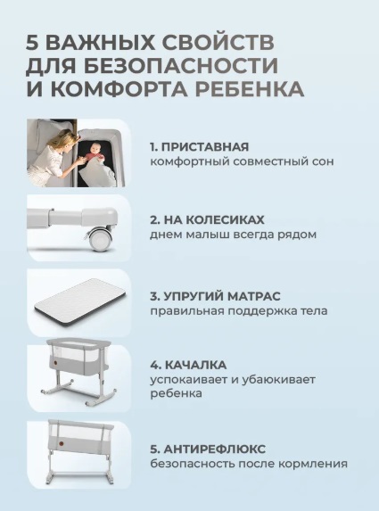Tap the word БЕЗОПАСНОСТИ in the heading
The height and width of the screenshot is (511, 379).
(x=180, y=65)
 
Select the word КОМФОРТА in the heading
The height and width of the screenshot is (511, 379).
(x=119, y=88)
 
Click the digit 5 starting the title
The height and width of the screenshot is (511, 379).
(x=32, y=43)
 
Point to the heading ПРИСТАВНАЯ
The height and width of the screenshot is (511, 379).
(x=205, y=147)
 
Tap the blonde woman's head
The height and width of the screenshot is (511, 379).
(x=64, y=140)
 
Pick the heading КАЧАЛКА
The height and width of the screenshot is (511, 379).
(x=196, y=365)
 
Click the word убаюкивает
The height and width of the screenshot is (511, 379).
(x=278, y=379)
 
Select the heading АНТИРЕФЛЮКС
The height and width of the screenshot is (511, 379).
(x=215, y=449)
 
